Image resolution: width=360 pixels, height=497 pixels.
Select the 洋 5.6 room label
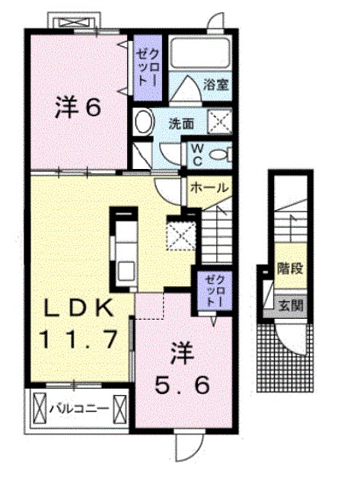180,371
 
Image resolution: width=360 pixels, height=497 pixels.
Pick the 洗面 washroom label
180,122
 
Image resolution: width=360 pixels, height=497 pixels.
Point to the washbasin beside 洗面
144,122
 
